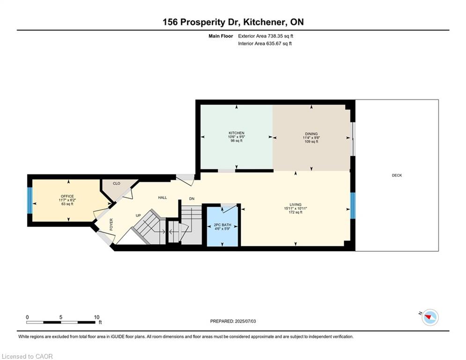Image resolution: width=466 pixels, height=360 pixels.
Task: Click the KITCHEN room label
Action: pyautogui.click(x=236, y=133)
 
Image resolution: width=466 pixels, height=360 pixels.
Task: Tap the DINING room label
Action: pyautogui.click(x=311, y=134)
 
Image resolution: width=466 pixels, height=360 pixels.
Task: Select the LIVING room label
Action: pyautogui.click(x=296, y=205)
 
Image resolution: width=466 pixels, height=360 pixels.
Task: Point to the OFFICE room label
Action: pyautogui.click(x=67, y=196)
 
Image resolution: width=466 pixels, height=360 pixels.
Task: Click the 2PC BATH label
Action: pyautogui.click(x=222, y=225)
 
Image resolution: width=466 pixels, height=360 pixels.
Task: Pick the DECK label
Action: pyautogui.click(x=397, y=175)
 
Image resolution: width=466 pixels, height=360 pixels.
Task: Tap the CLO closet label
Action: pyautogui.click(x=117, y=184)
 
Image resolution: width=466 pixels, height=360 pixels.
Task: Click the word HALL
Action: pyautogui.click(x=163, y=197)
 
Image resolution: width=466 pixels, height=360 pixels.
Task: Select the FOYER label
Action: pyautogui.click(x=111, y=225)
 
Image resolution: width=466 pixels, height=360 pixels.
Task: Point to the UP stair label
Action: pyautogui.click(x=138, y=216)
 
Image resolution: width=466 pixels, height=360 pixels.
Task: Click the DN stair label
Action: pyautogui.click(x=192, y=199)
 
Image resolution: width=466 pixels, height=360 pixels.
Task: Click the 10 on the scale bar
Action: pyautogui.click(x=96, y=317)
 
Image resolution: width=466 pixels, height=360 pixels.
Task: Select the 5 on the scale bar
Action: pyautogui.click(x=60, y=317)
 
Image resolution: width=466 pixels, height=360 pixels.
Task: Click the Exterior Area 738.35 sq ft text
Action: pyautogui.click(x=266, y=36)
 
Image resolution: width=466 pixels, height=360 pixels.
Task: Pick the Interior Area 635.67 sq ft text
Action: pyautogui.click(x=265, y=44)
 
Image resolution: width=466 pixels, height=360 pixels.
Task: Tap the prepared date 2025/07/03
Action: pyautogui.click(x=245, y=321)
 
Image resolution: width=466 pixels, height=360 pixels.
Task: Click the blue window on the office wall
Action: pyautogui.click(x=30, y=200)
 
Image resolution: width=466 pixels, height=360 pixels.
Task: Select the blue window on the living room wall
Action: pyautogui.click(x=353, y=206)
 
